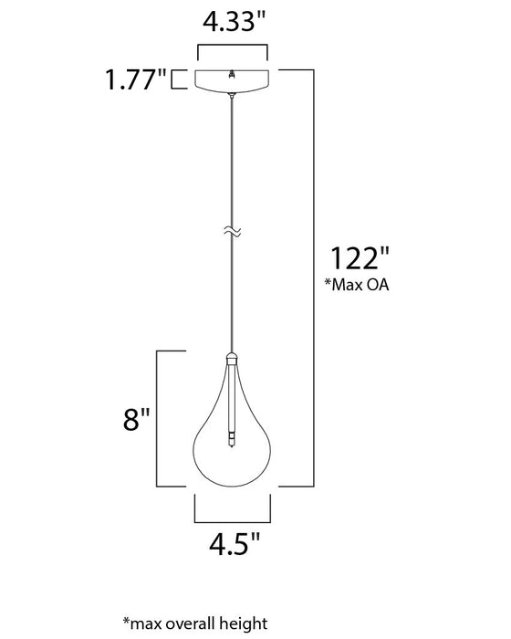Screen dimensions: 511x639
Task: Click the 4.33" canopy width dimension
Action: tap(234, 22)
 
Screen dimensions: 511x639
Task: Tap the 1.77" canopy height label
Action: tap(136, 79)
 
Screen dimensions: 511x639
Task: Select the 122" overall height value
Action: tap(360, 258)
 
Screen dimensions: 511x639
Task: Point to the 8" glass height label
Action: tap(137, 419)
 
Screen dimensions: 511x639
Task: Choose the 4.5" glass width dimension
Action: tap(234, 544)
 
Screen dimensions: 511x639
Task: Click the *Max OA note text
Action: tap(357, 285)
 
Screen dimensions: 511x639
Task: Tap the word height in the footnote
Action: tap(244, 623)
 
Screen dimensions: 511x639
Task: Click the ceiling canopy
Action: tap(232, 80)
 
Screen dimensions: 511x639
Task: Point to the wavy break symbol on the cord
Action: tap(233, 232)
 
